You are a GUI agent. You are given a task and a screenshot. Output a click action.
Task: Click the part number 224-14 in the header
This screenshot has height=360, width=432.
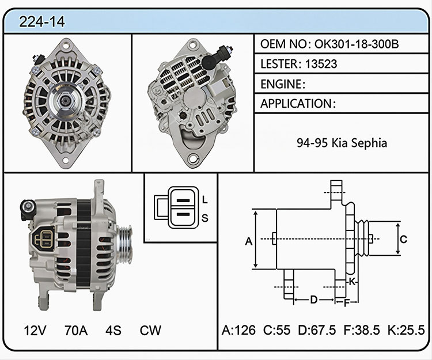pyautogui.click(x=42, y=21)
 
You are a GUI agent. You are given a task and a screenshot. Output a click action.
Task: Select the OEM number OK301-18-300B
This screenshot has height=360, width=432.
pyautogui.click(x=357, y=44)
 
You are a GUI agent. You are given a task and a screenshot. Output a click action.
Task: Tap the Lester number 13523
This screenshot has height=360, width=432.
pyautogui.click(x=321, y=64)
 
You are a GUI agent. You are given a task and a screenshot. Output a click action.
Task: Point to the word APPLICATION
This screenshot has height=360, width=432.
pyautogui.click(x=296, y=104)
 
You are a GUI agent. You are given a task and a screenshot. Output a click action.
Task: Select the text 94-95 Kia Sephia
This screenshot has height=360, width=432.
pyautogui.click(x=342, y=143)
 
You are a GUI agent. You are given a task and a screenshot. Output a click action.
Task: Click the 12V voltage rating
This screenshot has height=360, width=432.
pyautogui.click(x=35, y=330)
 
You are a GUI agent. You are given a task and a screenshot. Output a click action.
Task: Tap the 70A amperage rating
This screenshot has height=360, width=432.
pyautogui.click(x=76, y=330)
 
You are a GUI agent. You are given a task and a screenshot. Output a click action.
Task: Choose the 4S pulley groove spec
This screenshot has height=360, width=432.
pyautogui.click(x=113, y=330)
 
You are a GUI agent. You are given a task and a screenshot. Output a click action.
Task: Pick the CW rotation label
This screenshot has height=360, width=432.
pyautogui.click(x=150, y=330)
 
